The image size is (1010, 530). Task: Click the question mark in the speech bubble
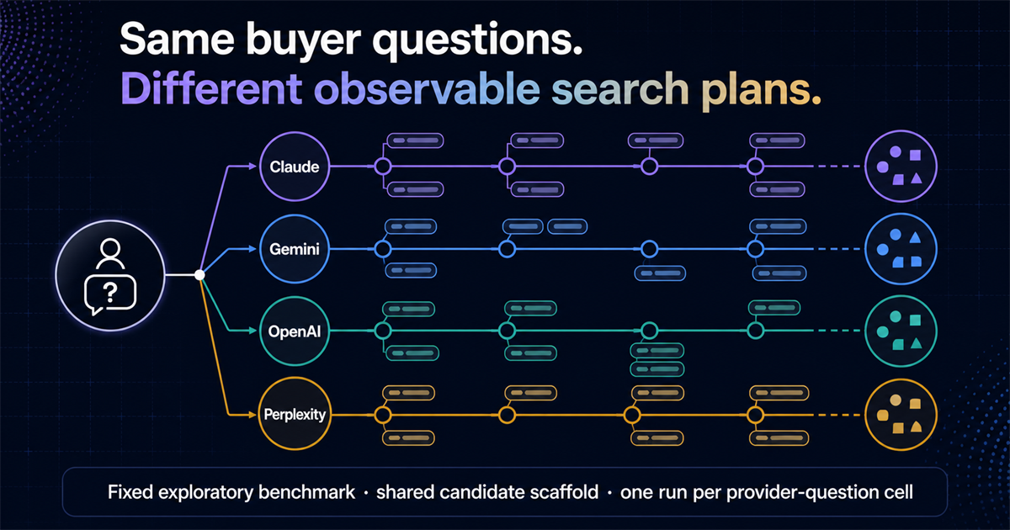pos(110,294)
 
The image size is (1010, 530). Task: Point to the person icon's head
pos(110,248)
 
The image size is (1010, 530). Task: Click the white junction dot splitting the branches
pos(199,275)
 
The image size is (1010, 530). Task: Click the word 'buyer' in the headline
pos(303,41)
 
